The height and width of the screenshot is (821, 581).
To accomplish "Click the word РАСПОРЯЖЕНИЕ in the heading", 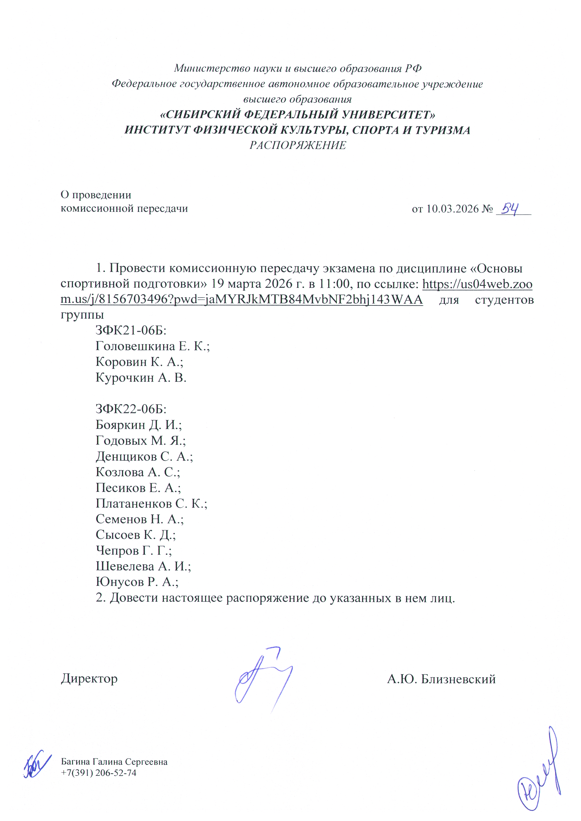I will (x=298, y=145).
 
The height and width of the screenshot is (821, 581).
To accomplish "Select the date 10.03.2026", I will (x=453, y=209).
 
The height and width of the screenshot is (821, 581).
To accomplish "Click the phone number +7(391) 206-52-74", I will (x=99, y=773).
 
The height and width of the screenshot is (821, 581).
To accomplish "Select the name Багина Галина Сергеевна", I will (x=114, y=762).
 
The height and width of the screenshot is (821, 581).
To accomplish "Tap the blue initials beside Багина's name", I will (x=37, y=765).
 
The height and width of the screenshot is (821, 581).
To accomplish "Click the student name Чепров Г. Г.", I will (x=134, y=550).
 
